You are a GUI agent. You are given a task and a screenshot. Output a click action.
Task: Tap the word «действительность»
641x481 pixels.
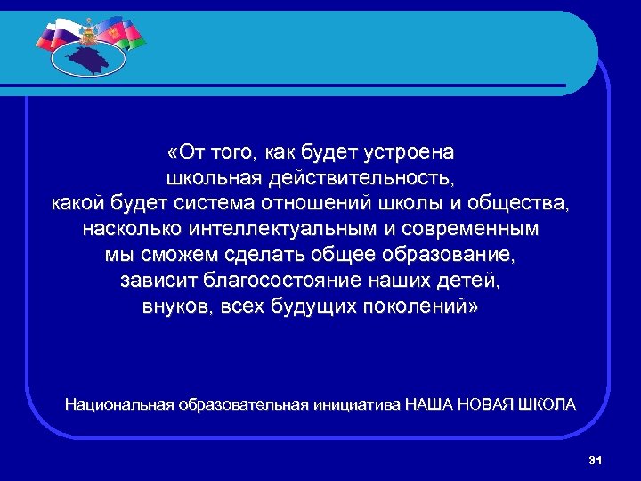click(362, 178)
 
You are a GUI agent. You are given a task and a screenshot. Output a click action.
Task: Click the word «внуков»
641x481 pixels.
click(174, 306)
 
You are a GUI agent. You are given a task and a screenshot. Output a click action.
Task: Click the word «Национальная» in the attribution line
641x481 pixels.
click(118, 404)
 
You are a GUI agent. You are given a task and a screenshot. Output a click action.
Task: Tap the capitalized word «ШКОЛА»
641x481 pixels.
click(545, 404)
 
